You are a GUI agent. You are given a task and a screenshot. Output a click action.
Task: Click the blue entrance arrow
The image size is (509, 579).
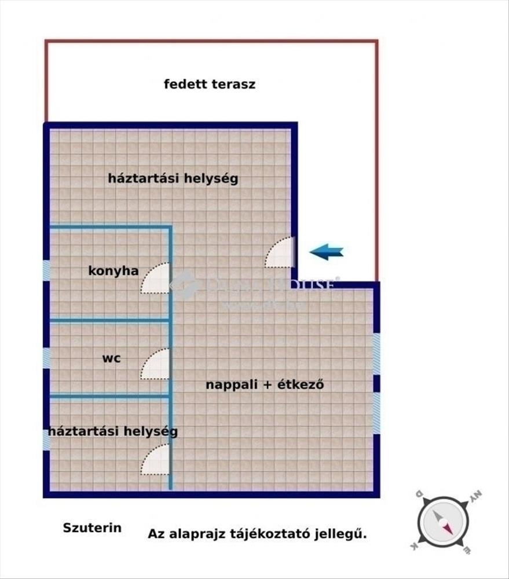click(x=327, y=252)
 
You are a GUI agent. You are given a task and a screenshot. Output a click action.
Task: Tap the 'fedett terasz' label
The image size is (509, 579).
click(x=210, y=84)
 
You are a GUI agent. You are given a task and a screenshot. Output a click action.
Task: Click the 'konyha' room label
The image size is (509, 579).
click(x=113, y=270)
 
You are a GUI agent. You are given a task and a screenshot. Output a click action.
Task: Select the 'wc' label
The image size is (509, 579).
click(x=112, y=358)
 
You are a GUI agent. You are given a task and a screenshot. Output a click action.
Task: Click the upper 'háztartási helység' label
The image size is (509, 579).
click(x=173, y=178)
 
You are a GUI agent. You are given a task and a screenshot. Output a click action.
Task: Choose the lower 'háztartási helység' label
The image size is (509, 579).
click(x=113, y=431)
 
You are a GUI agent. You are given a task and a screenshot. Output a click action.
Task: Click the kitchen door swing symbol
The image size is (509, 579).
click(x=155, y=278)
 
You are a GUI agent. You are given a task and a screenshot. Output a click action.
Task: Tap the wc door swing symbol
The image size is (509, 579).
click(x=155, y=364)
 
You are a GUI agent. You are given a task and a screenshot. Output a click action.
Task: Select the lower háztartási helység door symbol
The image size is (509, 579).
click(x=155, y=460)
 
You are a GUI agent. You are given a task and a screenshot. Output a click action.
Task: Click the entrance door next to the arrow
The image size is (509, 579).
click(x=281, y=252)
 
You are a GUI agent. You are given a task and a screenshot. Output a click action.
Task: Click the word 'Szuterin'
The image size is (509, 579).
click(x=92, y=527)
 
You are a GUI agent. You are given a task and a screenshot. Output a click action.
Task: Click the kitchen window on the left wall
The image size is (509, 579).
click(x=46, y=270)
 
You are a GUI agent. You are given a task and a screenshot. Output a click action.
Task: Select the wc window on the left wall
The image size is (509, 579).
click(x=46, y=358)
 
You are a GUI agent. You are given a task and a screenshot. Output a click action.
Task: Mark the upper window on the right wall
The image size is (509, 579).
click(x=376, y=354)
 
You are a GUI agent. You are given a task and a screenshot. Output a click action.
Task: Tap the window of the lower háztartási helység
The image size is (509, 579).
click(x=46, y=439)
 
